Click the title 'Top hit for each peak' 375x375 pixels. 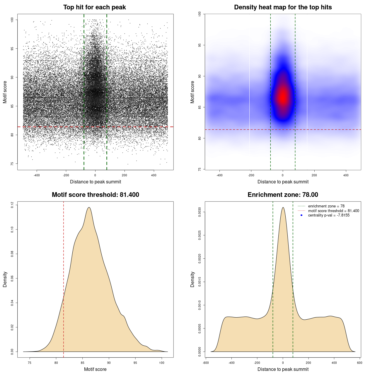click(94, 7)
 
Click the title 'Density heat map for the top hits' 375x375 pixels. click(283, 7)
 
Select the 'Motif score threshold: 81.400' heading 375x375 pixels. click(95, 195)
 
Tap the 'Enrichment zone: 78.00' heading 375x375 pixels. click(283, 195)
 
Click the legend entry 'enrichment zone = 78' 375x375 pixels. click(326, 206)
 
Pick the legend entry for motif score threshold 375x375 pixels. click(333, 211)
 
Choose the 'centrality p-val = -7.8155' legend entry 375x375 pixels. click(329, 215)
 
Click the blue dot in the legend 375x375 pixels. click(301, 215)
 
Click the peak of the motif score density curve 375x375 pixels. click(89, 207)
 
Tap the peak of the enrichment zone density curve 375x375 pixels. click(283, 207)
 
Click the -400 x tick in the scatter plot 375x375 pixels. click(37, 175)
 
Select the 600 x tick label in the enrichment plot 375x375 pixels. click(360, 363)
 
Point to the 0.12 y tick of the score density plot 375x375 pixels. click(12, 205)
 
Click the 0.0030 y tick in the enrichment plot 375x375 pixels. click(200, 212)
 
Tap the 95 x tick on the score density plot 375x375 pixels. click(135, 363)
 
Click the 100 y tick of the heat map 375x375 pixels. click(200, 14)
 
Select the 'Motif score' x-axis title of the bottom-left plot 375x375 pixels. click(95, 369)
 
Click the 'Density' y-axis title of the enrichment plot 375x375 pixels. click(192, 279)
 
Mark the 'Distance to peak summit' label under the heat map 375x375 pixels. click(283, 182)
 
